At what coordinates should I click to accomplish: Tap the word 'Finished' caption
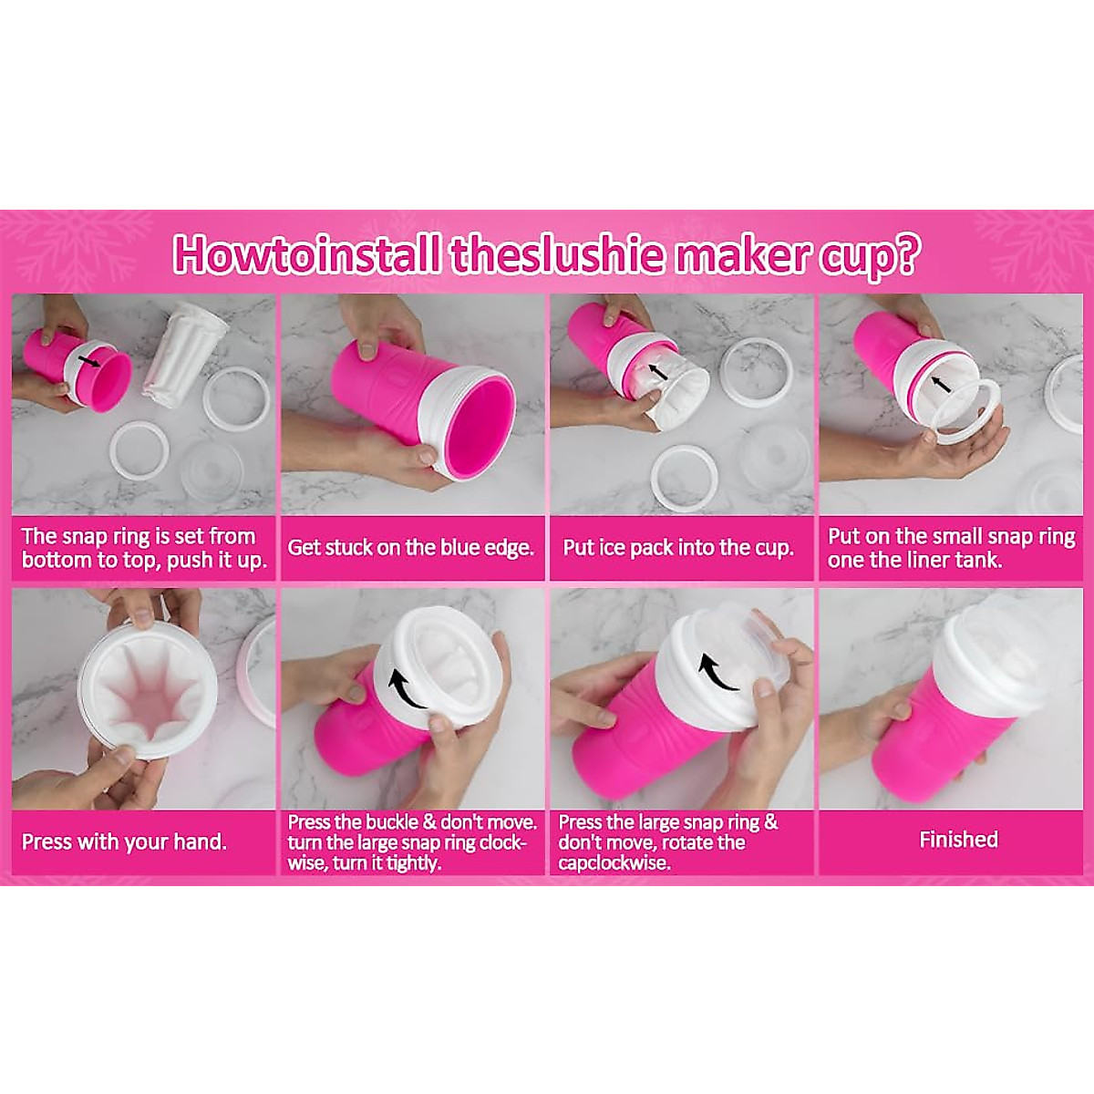pyautogui.click(x=958, y=840)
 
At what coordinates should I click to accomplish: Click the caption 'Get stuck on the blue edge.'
pyautogui.click(x=410, y=548)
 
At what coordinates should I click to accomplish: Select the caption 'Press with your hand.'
pyautogui.click(x=124, y=841)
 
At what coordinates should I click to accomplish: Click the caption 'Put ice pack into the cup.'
pyautogui.click(x=678, y=548)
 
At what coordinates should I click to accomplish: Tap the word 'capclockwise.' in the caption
pyautogui.click(x=614, y=862)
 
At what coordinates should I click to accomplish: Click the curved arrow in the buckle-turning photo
pyautogui.click(x=408, y=691)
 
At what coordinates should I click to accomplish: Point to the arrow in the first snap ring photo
pyautogui.click(x=88, y=362)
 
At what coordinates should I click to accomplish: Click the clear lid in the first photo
pyautogui.click(x=212, y=470)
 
